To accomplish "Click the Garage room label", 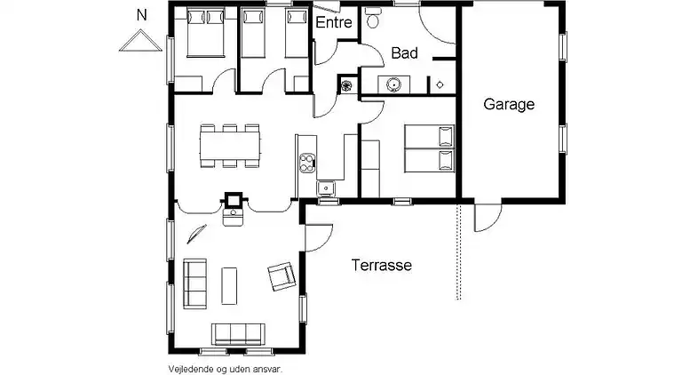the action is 509,104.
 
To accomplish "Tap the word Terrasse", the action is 382,265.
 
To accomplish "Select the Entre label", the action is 334,22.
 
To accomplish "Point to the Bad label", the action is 405,53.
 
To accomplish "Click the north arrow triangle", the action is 140,41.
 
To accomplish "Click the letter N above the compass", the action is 141,15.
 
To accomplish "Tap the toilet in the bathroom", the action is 372,17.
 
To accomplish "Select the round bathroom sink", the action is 393,84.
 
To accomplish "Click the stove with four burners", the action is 307,164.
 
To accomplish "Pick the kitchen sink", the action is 325,187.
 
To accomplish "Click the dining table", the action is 230,146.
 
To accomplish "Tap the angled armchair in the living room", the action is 282,276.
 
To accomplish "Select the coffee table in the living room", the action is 229,286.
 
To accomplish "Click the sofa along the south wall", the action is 238,334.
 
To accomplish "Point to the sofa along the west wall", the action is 194,283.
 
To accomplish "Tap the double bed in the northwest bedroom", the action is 205,34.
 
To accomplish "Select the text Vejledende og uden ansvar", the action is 226,370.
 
